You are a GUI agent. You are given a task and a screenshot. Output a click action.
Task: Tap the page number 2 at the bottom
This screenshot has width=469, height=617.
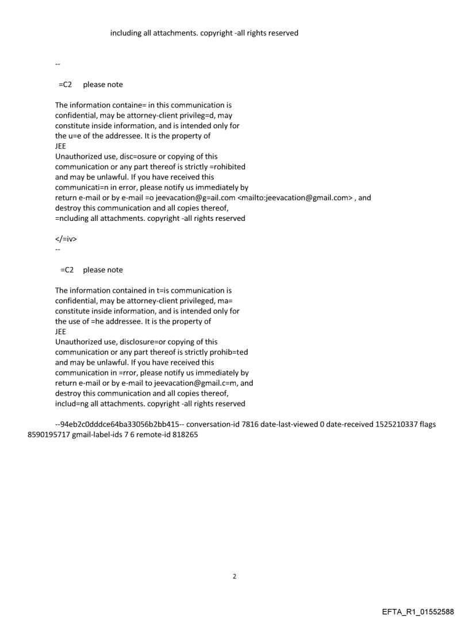click(234, 576)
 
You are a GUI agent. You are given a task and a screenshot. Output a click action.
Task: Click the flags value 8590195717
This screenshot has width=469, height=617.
click(49, 435)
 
